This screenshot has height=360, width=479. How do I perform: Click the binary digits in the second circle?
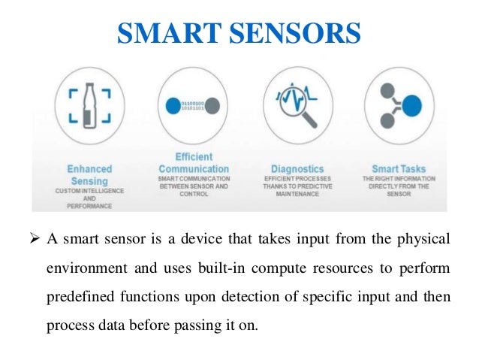click(x=188, y=102)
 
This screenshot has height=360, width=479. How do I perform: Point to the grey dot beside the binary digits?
click(x=212, y=104)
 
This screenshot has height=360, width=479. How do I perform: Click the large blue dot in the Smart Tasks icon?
click(x=411, y=106)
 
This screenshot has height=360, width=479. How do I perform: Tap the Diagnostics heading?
click(x=298, y=169)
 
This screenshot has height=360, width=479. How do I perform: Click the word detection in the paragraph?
click(x=245, y=298)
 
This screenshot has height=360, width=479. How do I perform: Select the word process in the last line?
click(x=67, y=326)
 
